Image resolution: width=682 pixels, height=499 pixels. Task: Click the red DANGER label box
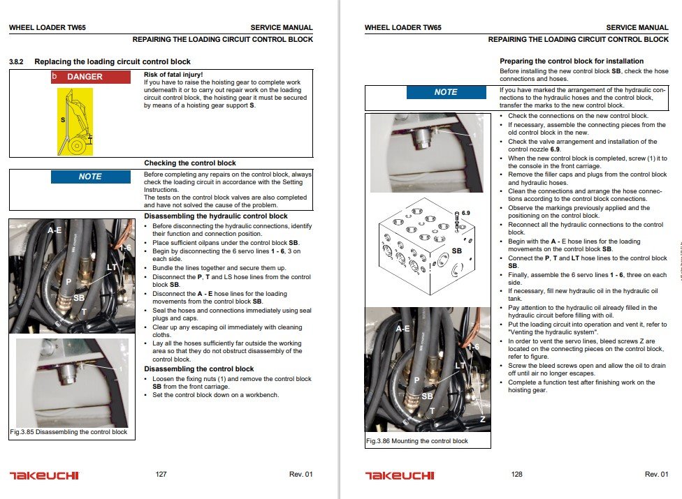91,77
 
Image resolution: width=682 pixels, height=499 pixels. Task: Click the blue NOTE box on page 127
90,177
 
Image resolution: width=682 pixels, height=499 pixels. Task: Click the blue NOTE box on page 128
446,92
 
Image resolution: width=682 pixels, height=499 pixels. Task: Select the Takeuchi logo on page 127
44,475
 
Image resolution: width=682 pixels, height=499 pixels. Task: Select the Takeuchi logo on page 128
399,475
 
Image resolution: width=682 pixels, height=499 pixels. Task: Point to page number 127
161,475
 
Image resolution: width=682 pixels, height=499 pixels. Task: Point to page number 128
516,475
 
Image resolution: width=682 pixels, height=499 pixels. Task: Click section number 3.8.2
16,62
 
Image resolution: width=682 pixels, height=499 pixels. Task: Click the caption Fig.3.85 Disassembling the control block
68,432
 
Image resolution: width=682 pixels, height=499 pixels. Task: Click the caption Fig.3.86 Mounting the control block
417,441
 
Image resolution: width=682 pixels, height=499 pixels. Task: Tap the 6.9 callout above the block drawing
466,212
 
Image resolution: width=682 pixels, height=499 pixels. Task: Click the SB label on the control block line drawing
457,250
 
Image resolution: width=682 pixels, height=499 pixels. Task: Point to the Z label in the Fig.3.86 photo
482,419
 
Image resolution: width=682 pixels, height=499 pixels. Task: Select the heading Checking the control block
190,163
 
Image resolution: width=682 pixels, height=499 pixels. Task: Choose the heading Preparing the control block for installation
572,61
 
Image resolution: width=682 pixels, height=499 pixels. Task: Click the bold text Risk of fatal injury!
173,74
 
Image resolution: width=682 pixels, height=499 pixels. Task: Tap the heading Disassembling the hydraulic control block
216,216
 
